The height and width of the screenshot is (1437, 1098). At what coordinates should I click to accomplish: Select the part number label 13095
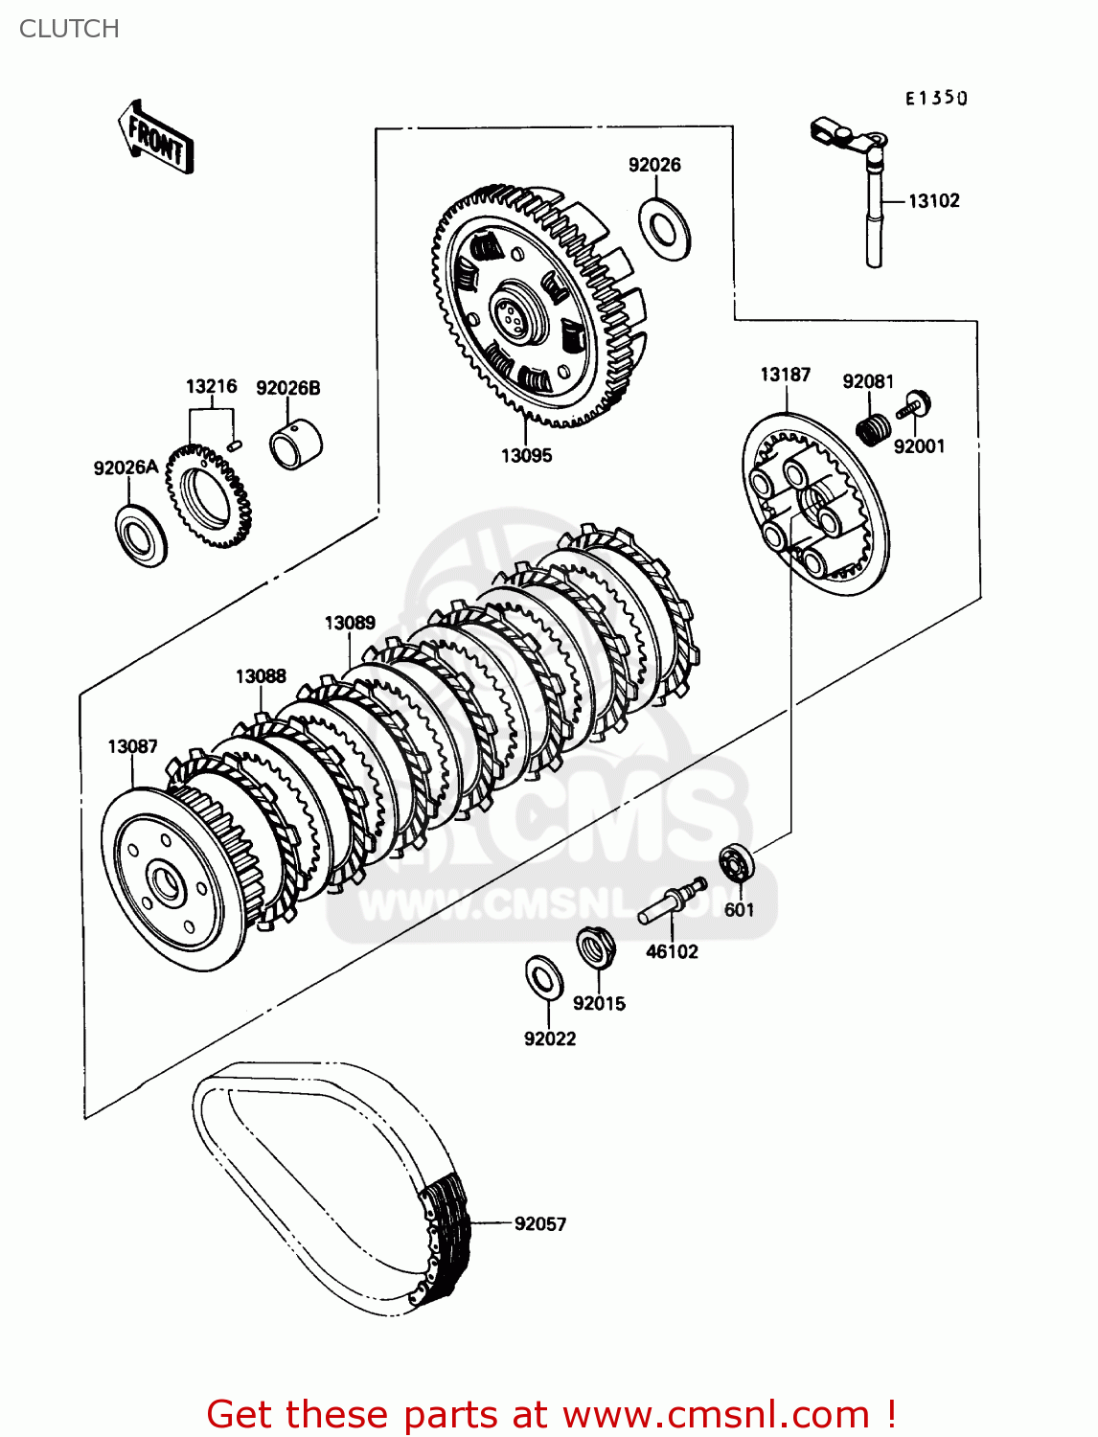pos(526,456)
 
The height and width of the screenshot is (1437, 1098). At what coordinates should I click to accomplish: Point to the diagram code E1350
pos(936,98)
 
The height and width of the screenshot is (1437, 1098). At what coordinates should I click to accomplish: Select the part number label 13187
pos(785,375)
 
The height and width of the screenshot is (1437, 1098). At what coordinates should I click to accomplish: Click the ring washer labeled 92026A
pos(141,533)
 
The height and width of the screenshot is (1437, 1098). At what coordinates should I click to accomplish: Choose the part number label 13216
pos(211,386)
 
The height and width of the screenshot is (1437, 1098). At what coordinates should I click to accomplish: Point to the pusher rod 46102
pos(672,902)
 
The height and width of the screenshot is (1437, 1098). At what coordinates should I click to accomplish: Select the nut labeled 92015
pos(595,948)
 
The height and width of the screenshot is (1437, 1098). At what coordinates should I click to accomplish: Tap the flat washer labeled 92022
pos(544,977)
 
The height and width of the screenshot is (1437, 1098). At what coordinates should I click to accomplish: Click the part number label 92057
pos(540,1223)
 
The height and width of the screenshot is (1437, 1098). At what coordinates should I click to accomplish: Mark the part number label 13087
pos(132,746)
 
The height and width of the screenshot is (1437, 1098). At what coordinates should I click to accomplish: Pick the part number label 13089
pos(350,623)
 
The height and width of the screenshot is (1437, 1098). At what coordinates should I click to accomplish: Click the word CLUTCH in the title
pos(69,29)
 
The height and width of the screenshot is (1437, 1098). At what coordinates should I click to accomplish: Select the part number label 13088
pos(261,676)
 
